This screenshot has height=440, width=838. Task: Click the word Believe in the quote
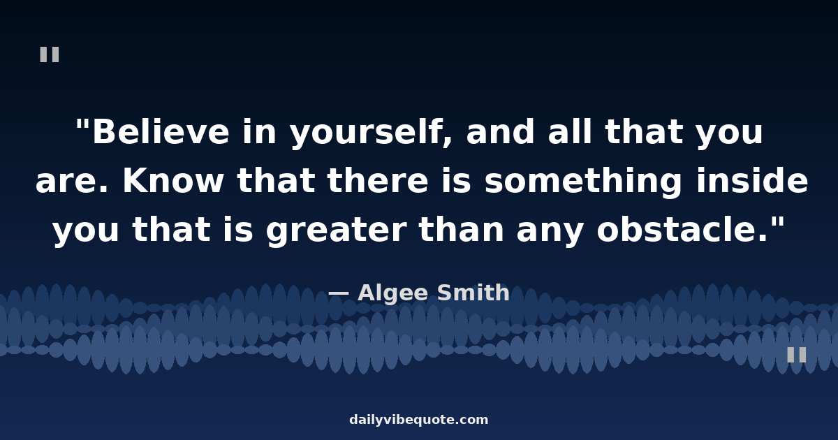point(161,132)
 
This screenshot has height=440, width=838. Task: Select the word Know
point(173,181)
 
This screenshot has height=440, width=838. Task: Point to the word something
point(583,182)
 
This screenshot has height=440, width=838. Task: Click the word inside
point(752,180)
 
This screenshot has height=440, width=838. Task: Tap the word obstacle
point(683,228)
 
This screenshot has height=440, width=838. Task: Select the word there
point(378,180)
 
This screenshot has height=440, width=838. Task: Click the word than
point(462,228)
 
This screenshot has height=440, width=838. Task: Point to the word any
point(550,232)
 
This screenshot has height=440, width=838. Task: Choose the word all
point(571,131)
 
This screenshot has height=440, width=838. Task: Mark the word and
point(500,131)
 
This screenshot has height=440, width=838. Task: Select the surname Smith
point(473,292)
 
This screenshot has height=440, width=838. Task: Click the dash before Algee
point(339,294)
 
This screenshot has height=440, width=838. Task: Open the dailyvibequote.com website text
point(418,420)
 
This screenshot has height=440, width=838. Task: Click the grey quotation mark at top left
point(50,54)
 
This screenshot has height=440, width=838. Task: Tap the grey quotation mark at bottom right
point(797,355)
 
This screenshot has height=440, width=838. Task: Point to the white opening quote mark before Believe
point(82,124)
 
